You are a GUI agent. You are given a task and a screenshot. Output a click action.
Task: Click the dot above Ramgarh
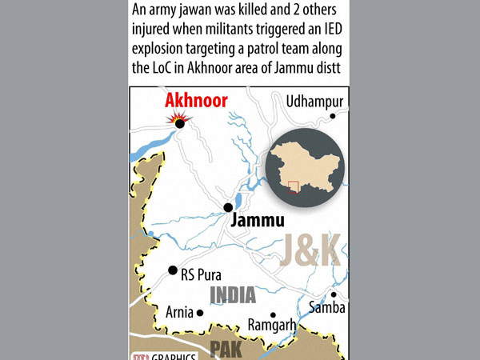(x=274, y=314)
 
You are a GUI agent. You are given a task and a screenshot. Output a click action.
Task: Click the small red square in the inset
(x=294, y=186)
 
